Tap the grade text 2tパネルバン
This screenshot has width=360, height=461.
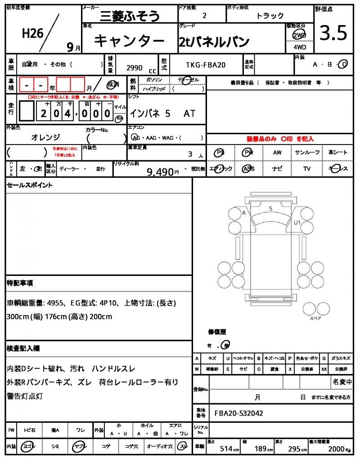tap(214, 42)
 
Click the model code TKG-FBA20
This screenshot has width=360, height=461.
tap(206, 65)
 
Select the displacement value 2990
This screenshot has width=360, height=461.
tap(135, 68)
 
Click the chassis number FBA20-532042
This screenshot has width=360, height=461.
tap(239, 413)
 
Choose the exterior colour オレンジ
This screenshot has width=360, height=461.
tap(45, 137)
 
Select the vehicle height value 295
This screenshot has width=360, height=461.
tap(297, 449)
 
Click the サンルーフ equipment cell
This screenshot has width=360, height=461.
tap(307, 153)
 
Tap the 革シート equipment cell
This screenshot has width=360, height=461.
tap(338, 153)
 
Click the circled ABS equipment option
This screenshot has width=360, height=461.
tap(248, 169)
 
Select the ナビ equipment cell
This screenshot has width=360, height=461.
tap(277, 169)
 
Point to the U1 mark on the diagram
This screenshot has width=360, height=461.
tap(297, 222)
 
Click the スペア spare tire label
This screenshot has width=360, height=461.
tap(315, 318)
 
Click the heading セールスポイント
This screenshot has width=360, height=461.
tap(30, 185)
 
